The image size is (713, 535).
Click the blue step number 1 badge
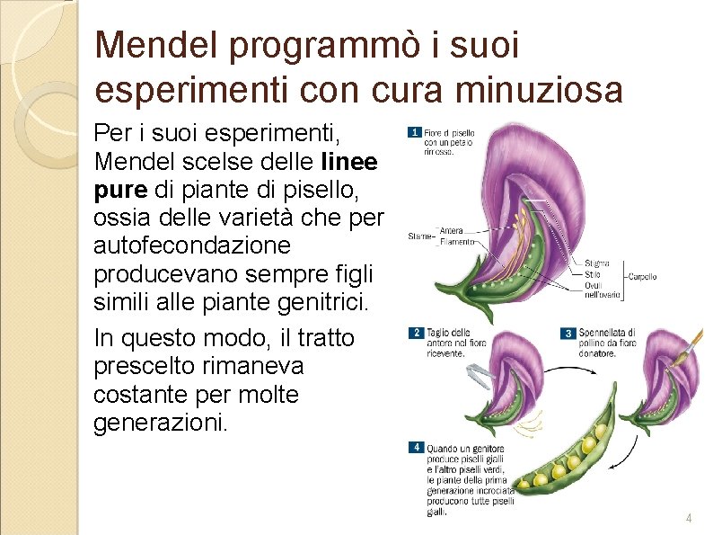point(414,132)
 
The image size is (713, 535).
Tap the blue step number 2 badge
point(415,333)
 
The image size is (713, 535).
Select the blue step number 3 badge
point(567,333)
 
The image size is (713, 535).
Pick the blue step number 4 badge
point(415,447)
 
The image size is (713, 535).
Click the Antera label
point(452,231)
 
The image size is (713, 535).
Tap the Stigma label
point(596,263)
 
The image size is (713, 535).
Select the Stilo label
point(592,274)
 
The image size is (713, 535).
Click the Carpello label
point(642,276)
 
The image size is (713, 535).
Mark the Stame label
point(419,237)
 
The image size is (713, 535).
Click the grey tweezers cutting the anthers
point(480,372)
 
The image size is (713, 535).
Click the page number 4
point(689,519)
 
